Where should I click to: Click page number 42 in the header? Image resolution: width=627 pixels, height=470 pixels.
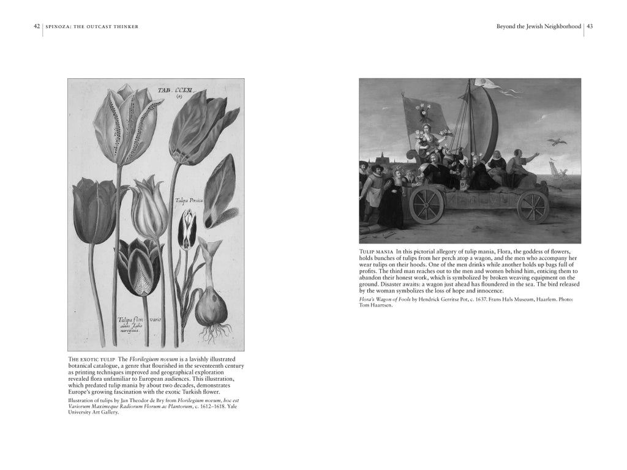click(37, 26)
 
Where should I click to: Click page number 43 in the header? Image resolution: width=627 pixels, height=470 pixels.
click(590, 26)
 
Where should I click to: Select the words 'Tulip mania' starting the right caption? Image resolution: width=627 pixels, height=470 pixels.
click(376, 252)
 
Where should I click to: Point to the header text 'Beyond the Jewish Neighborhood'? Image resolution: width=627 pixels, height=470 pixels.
click(538, 26)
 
